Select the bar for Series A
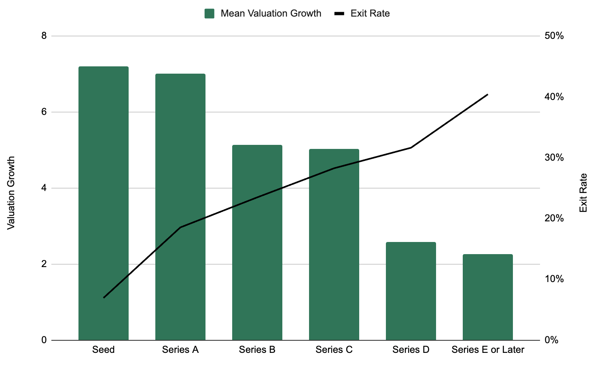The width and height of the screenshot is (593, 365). (180, 207)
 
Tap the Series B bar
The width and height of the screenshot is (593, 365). (257, 242)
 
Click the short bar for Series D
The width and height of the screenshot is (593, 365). (411, 291)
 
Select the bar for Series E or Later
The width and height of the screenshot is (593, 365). (488, 297)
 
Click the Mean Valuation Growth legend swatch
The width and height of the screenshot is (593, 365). (210, 13)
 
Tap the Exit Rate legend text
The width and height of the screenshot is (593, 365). (370, 13)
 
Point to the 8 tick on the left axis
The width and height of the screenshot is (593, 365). (44, 36)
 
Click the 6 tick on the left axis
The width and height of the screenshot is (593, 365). (44, 112)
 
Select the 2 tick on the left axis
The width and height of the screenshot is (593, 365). (44, 264)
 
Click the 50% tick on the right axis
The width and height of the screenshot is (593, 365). (554, 36)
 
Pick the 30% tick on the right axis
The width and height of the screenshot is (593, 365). (554, 157)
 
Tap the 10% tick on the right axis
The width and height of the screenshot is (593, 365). (554, 279)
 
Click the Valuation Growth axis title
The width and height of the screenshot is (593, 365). (11, 193)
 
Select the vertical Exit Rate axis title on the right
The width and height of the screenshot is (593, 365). (583, 193)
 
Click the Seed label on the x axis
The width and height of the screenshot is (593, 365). (104, 350)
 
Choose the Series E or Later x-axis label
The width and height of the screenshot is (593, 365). (488, 350)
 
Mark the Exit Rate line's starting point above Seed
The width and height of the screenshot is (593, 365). (104, 297)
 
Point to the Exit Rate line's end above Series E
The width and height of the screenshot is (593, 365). (488, 94)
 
